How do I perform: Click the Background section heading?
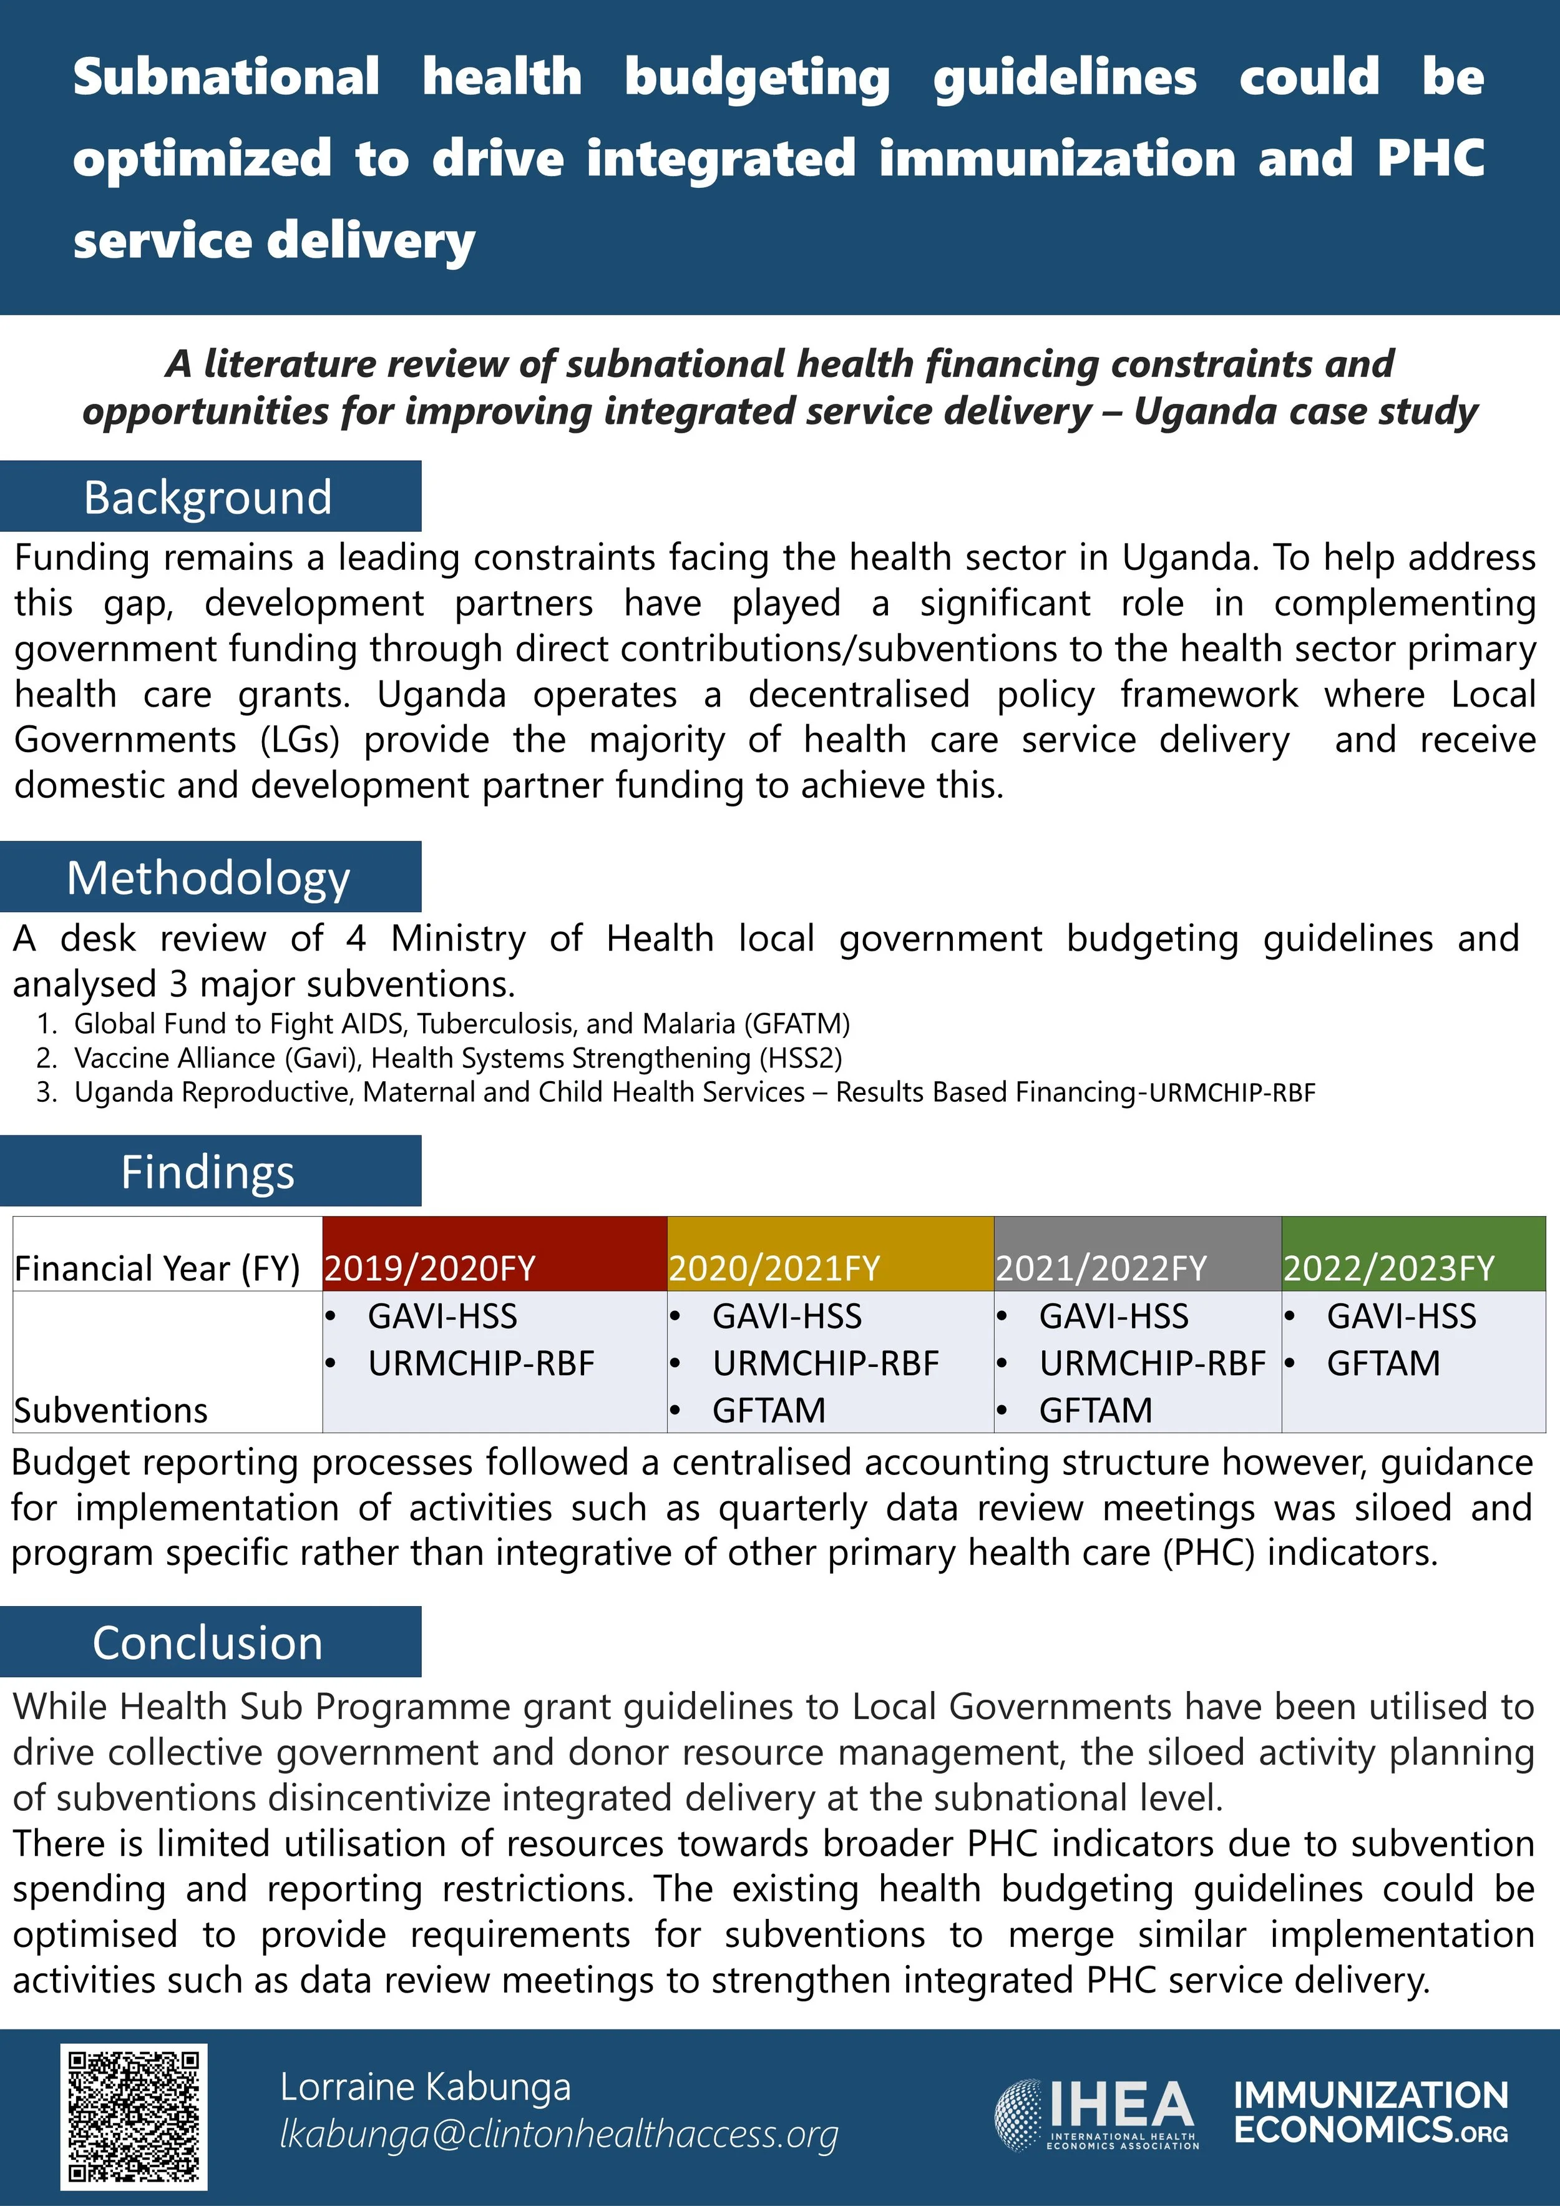[208, 497]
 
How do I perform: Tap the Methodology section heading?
[208, 877]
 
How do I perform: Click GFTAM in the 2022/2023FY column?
[1383, 1363]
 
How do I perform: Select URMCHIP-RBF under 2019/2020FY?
[481, 1363]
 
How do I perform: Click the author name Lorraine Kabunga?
[426, 2087]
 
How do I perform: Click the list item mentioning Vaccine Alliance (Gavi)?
[457, 1058]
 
